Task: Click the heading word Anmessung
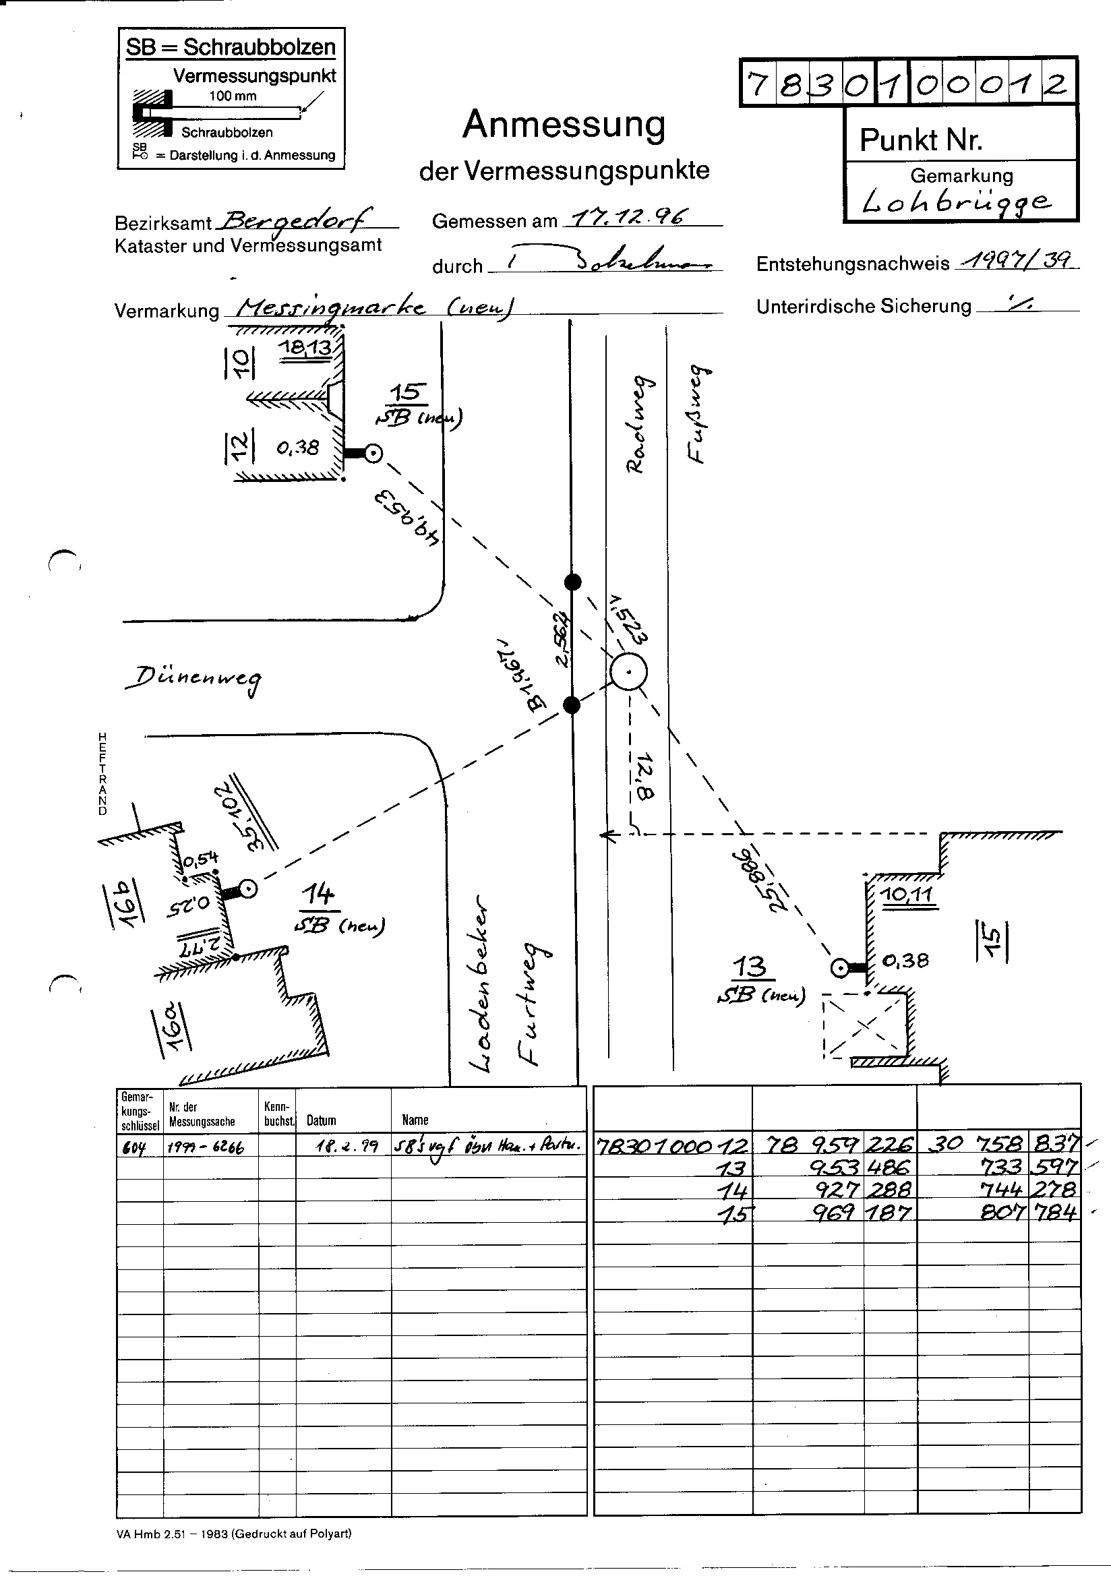[564, 125]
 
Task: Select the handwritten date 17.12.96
[626, 218]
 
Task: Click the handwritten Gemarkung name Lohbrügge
[956, 201]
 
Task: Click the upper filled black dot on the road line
[572, 583]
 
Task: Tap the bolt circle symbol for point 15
[373, 453]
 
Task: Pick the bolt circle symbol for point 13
[839, 969]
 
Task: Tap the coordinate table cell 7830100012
[672, 1145]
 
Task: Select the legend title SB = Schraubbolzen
[231, 47]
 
